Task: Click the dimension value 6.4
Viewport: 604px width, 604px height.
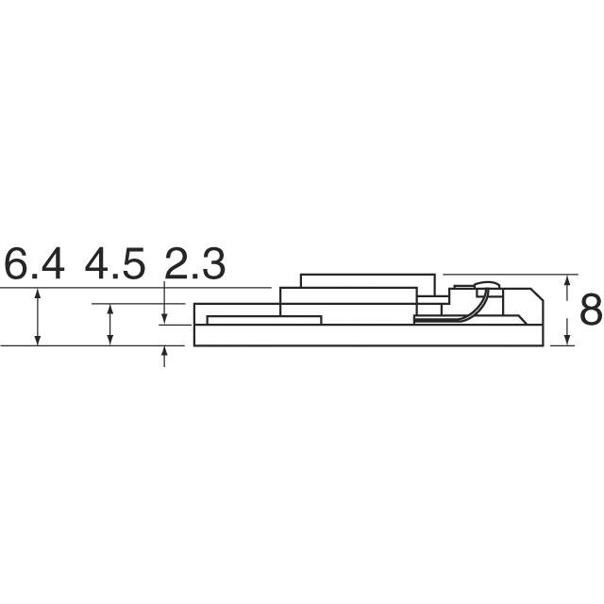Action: (x=34, y=263)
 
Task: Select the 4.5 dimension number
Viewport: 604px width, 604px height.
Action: (x=115, y=263)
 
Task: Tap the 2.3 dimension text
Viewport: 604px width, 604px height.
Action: (x=195, y=263)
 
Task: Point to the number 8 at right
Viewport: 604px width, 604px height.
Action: (x=592, y=310)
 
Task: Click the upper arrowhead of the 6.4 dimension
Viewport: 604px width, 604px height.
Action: (x=38, y=293)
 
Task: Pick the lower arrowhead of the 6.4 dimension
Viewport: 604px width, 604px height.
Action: (x=38, y=341)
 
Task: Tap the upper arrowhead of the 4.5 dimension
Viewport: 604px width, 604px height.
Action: (x=110, y=309)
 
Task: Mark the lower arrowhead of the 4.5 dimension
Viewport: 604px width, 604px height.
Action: (x=110, y=341)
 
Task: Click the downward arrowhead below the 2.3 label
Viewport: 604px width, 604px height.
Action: (x=164, y=319)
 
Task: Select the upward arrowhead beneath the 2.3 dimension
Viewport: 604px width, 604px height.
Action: (x=164, y=351)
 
